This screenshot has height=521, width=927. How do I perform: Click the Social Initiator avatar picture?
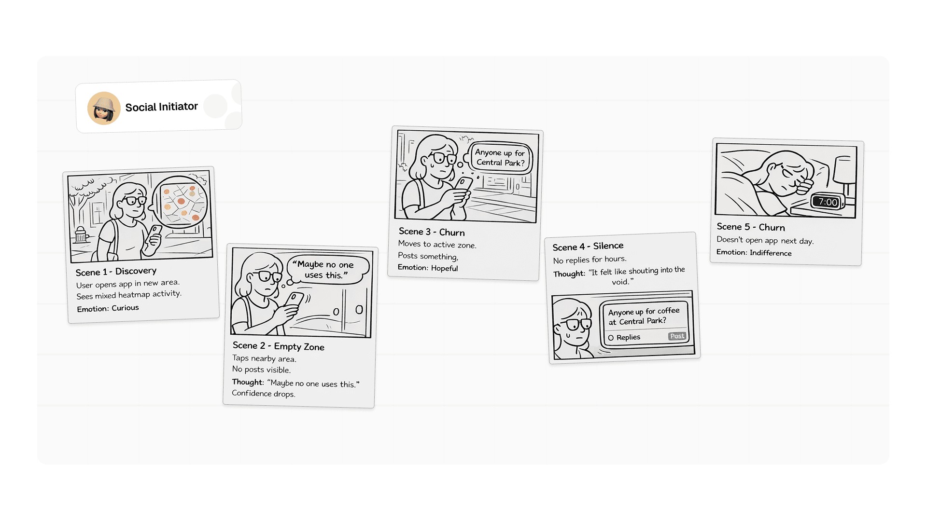click(x=104, y=108)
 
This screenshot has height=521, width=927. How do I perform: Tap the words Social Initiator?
click(x=161, y=107)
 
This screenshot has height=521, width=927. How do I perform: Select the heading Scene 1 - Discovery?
click(x=116, y=272)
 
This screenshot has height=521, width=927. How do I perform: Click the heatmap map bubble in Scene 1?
click(x=180, y=202)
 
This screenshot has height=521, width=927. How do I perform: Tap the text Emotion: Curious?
click(x=108, y=308)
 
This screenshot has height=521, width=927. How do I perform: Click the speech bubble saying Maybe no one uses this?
click(x=327, y=270)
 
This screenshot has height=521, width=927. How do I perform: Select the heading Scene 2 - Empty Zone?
click(x=279, y=346)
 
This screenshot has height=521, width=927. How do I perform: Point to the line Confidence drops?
click(x=264, y=393)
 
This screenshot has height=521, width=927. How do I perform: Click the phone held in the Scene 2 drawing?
click(x=294, y=302)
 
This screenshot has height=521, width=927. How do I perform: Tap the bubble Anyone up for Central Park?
click(x=500, y=158)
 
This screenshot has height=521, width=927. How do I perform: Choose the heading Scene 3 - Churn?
click(x=432, y=232)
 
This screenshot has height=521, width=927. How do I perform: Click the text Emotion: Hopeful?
click(x=428, y=268)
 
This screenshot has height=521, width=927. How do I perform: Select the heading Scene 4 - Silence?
click(x=588, y=247)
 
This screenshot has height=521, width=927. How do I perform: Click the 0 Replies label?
click(x=624, y=337)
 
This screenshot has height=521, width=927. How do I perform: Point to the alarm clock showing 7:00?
click(x=828, y=202)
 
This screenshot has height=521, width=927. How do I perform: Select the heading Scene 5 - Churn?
click(x=751, y=227)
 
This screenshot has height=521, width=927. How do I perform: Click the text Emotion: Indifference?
click(x=754, y=252)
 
